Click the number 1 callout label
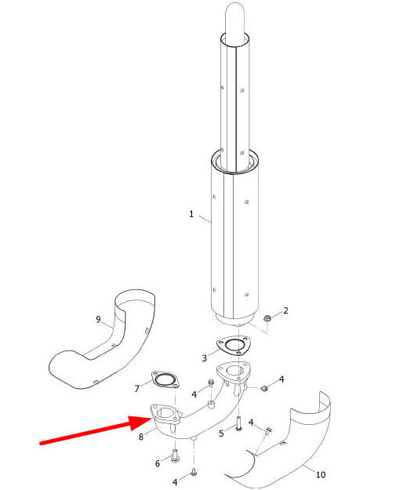[x=191, y=214]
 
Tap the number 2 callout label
[x=285, y=310]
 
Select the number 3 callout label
[x=204, y=358]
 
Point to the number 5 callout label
[x=221, y=434]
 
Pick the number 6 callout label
[x=158, y=463]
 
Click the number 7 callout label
[x=136, y=388]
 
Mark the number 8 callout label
[x=141, y=437]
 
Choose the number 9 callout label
[x=99, y=319]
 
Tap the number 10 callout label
[x=321, y=474]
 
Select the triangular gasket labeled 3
[x=234, y=345]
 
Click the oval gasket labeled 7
[x=165, y=379]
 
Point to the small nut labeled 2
[x=267, y=319]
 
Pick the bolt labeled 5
[x=238, y=424]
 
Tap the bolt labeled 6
[x=175, y=456]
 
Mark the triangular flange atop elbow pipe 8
[x=233, y=372]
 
